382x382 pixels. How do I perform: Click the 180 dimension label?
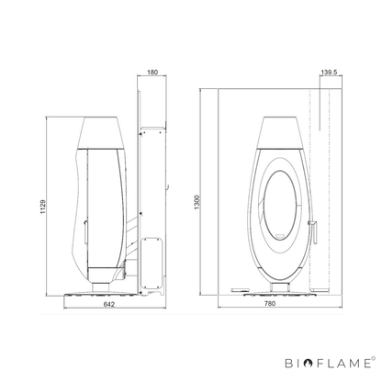tap(152, 73)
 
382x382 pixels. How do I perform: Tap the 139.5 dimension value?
tap(329, 73)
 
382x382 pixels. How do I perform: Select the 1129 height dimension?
tap(42, 207)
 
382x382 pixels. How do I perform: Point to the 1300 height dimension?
tap(197, 202)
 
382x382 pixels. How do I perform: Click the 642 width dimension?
tap(109, 304)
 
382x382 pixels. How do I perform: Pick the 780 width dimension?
tap(270, 303)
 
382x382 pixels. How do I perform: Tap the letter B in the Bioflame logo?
tap(289, 364)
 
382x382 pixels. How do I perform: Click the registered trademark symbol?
tap(373, 358)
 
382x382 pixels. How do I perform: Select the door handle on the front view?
tap(313, 230)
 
